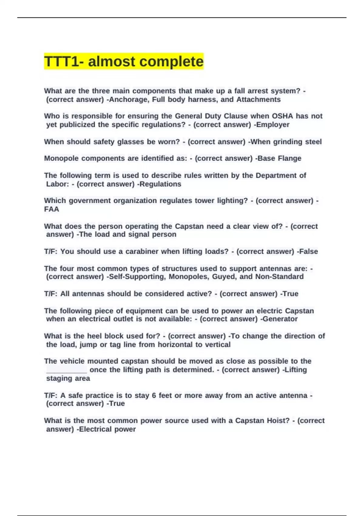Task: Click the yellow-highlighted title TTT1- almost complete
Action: coord(124,61)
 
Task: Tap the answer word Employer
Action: coord(273,125)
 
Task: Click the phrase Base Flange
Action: coord(279,158)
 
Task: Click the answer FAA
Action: coord(52,209)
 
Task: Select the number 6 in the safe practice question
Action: coord(154,395)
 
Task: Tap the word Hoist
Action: coord(278,421)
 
